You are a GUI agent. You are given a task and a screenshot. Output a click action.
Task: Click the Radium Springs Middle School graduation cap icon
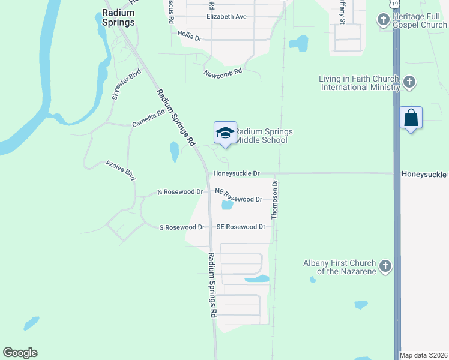click(225, 133)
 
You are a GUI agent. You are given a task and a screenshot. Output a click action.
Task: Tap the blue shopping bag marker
click(411, 118)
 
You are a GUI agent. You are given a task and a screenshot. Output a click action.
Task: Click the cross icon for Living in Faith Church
click(409, 82)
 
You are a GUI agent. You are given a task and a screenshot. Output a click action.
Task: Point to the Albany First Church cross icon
click(385, 265)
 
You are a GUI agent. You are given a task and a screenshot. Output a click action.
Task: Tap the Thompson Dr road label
click(276, 200)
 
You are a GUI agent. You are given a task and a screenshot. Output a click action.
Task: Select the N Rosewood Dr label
click(180, 192)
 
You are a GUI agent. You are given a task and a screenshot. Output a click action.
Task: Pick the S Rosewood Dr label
click(182, 227)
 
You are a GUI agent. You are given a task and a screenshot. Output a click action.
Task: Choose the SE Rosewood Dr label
click(241, 227)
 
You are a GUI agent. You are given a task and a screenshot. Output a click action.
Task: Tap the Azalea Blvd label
click(121, 170)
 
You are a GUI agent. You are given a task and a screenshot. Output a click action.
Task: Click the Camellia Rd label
click(148, 118)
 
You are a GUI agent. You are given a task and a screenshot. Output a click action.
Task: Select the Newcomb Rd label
click(222, 71)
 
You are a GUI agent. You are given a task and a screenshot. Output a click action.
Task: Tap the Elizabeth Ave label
click(226, 17)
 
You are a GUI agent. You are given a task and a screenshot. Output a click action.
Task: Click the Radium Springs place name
click(118, 17)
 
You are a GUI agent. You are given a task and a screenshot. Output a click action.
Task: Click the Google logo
click(20, 352)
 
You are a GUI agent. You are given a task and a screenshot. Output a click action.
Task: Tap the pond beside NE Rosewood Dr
click(227, 205)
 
